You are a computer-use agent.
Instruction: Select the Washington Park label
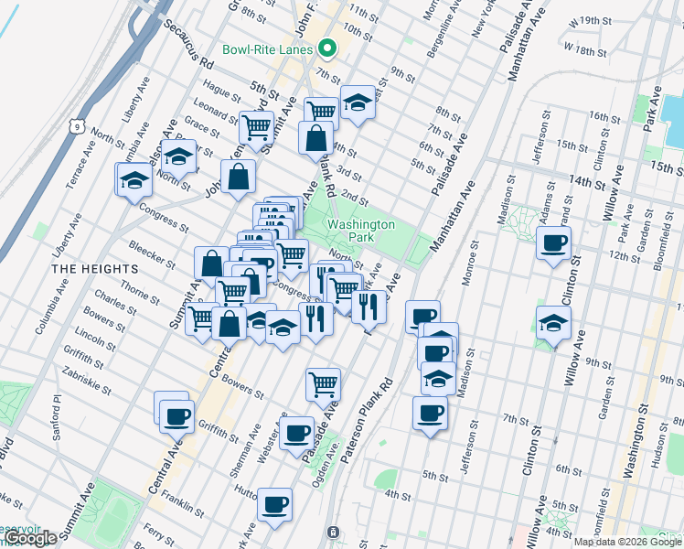coord(361,231)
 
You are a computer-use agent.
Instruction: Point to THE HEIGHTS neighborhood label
coord(94,269)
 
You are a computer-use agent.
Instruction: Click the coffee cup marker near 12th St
coord(552,243)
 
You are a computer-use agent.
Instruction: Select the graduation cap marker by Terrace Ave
coord(134,179)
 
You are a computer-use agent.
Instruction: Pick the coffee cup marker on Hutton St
coord(274,504)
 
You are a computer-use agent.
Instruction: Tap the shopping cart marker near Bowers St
coord(323,383)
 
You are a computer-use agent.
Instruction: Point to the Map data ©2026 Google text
coord(627,542)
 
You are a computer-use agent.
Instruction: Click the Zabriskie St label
coord(87,378)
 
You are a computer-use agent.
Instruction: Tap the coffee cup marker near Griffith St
coord(175,414)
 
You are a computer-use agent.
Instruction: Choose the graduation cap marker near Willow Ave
coord(553,324)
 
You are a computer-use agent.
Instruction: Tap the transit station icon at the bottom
coord(333,532)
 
